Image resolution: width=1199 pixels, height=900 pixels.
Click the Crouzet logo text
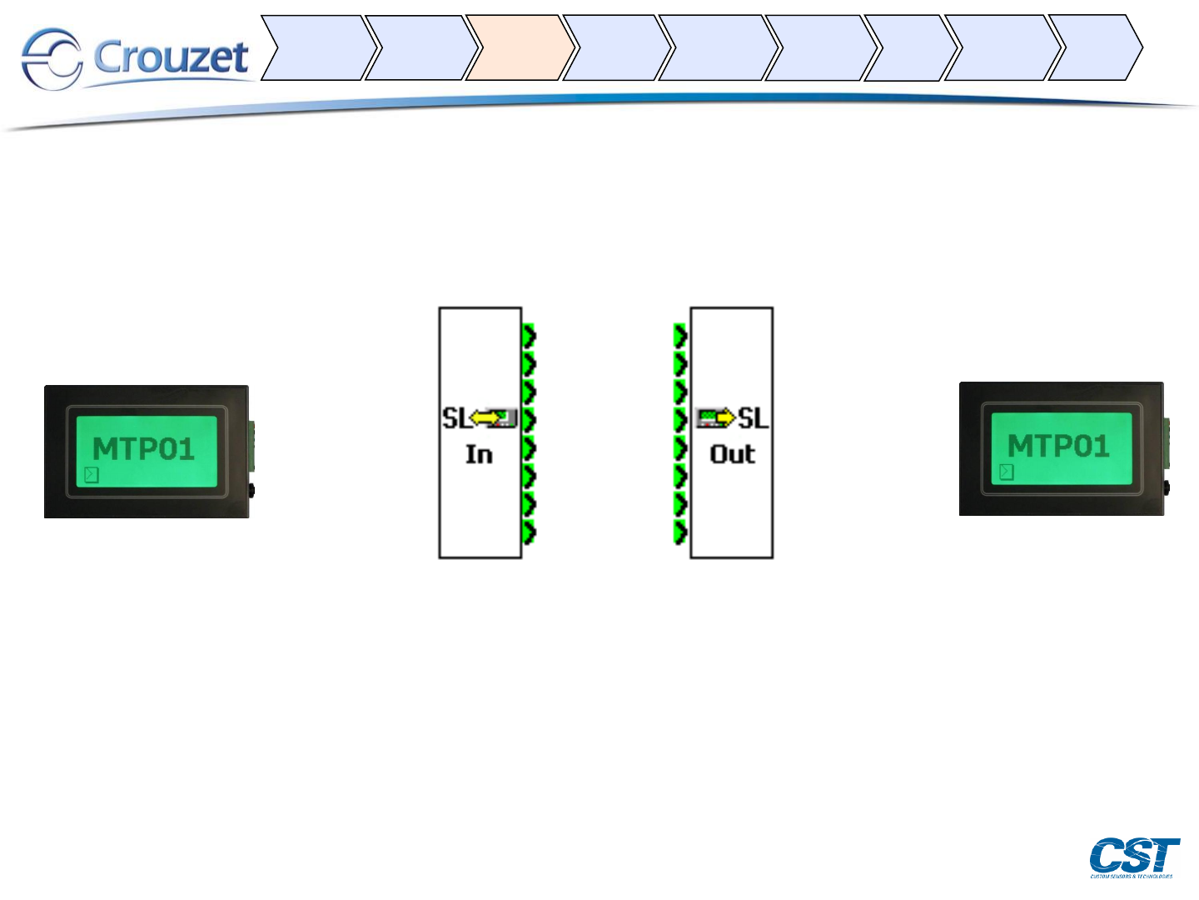coord(171,57)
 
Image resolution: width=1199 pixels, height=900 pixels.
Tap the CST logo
coord(1134,856)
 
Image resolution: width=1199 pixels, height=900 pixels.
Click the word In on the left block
coord(479,454)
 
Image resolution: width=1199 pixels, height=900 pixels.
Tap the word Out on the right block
coord(732,454)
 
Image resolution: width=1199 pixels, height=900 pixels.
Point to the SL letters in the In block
coord(455,417)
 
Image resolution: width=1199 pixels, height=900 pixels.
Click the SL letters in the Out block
coord(754,417)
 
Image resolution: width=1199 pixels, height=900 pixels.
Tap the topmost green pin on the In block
coord(529,336)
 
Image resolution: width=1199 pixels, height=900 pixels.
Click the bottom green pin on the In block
coord(529,532)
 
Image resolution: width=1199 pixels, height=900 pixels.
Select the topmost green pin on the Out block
coord(680,336)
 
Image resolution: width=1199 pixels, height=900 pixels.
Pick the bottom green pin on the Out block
coord(680,532)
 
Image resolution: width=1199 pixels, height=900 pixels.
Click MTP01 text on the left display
coord(144,449)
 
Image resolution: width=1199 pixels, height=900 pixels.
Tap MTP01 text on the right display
coord(1058,446)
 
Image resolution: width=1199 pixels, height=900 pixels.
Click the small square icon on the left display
coord(92,475)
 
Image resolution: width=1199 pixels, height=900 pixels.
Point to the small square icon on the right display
coord(1006,472)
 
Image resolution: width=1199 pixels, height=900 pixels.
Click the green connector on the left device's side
coord(251,442)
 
